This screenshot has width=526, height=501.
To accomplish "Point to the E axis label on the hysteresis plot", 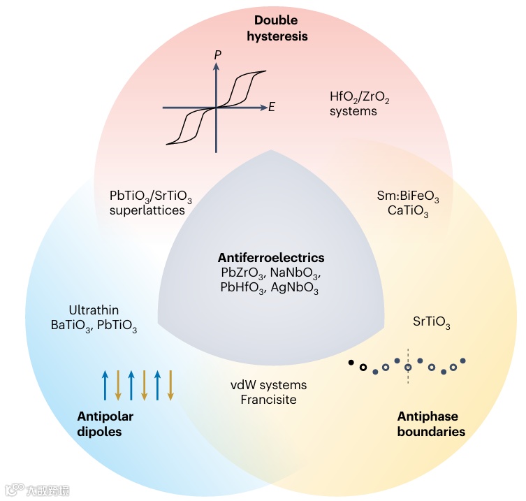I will pyautogui.click(x=271, y=108).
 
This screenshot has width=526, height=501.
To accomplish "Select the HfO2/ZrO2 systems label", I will pyautogui.click(x=359, y=104).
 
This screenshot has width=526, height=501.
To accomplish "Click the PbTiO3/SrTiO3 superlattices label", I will pyautogui.click(x=150, y=203).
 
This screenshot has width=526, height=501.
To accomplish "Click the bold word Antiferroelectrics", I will pyautogui.click(x=270, y=257).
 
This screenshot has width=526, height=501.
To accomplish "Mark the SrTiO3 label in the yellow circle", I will pyautogui.click(x=432, y=324).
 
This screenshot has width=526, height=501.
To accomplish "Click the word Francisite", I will pyautogui.click(x=269, y=400).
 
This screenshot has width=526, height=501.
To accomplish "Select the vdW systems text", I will pyautogui.click(x=269, y=385).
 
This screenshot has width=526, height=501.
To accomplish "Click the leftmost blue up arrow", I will pyautogui.click(x=105, y=385).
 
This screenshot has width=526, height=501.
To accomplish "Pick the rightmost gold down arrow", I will pyautogui.click(x=170, y=385).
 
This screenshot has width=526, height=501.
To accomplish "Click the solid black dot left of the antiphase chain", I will pyautogui.click(x=351, y=362).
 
